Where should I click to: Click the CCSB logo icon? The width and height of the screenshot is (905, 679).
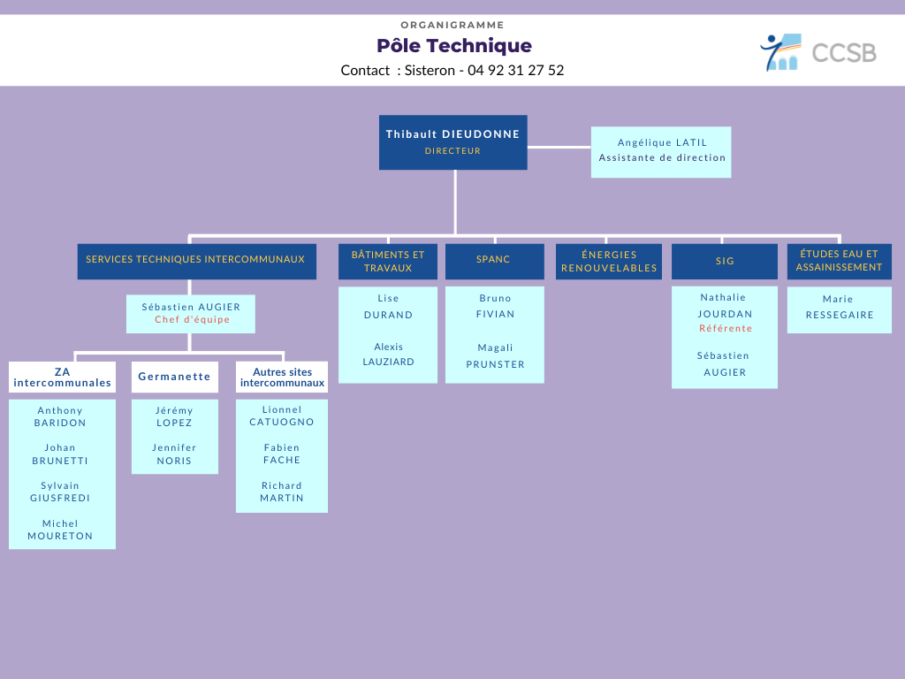pyautogui.click(x=781, y=52)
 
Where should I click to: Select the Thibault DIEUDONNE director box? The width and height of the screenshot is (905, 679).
pyautogui.click(x=453, y=142)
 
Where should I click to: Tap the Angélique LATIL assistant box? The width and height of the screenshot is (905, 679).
pyautogui.click(x=661, y=152)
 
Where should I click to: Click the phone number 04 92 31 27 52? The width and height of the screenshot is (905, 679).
pyautogui.click(x=515, y=71)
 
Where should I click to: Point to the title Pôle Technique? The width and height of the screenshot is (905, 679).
pyautogui.click(x=454, y=46)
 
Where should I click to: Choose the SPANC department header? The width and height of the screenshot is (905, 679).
pyautogui.click(x=495, y=261)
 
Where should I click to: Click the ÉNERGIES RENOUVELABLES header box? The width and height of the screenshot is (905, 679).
pyautogui.click(x=609, y=261)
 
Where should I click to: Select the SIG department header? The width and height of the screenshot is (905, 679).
pyautogui.click(x=725, y=261)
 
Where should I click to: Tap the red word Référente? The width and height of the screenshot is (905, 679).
pyautogui.click(x=726, y=329)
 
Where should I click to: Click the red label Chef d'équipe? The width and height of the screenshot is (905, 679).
pyautogui.click(x=192, y=319)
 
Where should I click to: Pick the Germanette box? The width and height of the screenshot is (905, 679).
pyautogui.click(x=175, y=377)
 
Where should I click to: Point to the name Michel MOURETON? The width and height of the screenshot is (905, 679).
pyautogui.click(x=60, y=530)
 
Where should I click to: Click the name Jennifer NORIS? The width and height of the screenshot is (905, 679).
pyautogui.click(x=174, y=454)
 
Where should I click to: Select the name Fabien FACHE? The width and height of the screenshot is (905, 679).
pyautogui.click(x=282, y=454)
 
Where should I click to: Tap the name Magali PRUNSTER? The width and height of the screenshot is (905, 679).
pyautogui.click(x=495, y=355)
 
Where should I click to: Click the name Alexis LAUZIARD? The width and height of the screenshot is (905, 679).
pyautogui.click(x=389, y=354)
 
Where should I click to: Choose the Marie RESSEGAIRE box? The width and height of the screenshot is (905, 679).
pyautogui.click(x=840, y=310)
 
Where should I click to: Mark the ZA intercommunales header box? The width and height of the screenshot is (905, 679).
pyautogui.click(x=63, y=377)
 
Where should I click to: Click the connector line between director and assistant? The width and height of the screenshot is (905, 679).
pyautogui.click(x=559, y=148)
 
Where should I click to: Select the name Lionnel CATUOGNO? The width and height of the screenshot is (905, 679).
pyautogui.click(x=282, y=416)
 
